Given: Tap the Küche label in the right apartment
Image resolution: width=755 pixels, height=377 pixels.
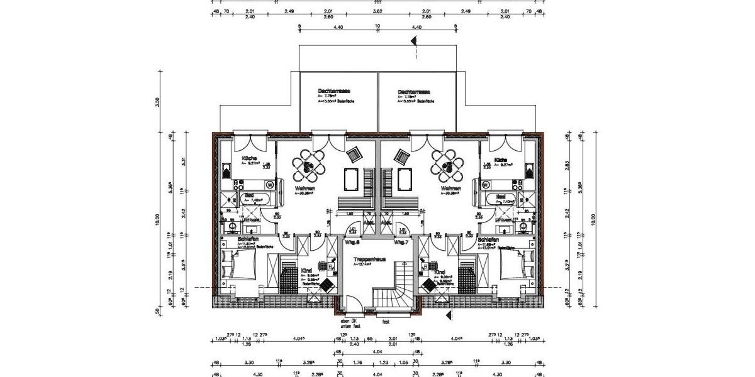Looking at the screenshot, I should [501, 160].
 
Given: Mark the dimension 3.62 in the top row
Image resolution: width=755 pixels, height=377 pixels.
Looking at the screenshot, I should [377, 11].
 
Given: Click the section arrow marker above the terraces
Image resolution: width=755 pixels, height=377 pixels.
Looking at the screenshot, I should [413, 41].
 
